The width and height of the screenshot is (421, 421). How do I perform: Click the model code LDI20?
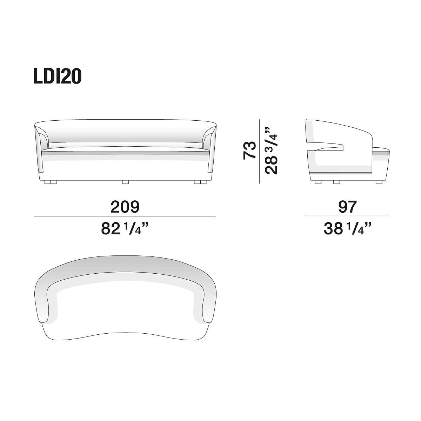tap(57, 76)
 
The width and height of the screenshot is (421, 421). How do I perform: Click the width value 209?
tap(125, 207)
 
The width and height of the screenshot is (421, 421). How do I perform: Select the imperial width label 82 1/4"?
tap(125, 228)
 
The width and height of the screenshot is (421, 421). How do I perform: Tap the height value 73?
tap(249, 151)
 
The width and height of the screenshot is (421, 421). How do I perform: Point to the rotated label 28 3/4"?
tap(271, 150)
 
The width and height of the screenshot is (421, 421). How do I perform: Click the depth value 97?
tap(347, 207)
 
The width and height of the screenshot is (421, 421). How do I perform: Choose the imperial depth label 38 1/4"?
tap(347, 228)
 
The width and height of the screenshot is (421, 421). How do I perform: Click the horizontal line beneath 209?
tap(125, 217)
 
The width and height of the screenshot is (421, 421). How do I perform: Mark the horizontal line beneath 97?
tap(347, 216)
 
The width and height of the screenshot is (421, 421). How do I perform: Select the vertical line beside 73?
tap(259, 152)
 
